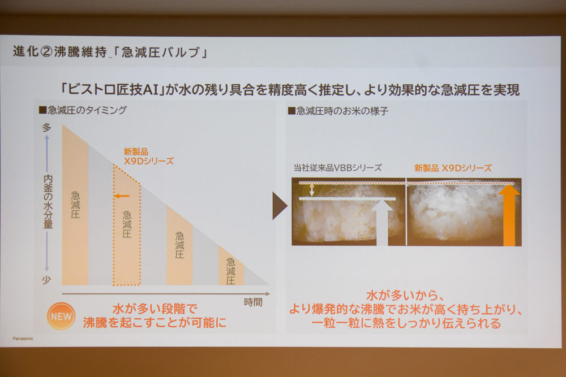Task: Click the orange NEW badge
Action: [61, 316]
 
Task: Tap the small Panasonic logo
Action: [23, 339]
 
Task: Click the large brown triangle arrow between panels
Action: [280, 206]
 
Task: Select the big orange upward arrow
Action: [509, 215]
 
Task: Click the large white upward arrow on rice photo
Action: [382, 222]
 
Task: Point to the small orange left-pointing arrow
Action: [122, 196]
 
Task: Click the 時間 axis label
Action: [253, 302]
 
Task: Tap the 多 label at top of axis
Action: [46, 127]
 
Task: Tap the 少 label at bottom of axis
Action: [46, 280]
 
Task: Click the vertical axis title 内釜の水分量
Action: [48, 202]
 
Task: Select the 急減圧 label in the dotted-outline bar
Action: [127, 224]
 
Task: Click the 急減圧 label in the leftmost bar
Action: [75, 205]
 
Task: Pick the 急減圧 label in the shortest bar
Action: [231, 271]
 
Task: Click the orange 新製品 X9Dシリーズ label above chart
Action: [148, 157]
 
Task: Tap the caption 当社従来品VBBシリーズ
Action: [337, 168]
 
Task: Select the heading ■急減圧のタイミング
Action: [83, 110]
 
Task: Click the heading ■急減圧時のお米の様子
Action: [338, 111]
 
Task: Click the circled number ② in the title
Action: [46, 52]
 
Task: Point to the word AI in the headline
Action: [151, 89]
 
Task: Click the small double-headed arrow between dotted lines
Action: [312, 190]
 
